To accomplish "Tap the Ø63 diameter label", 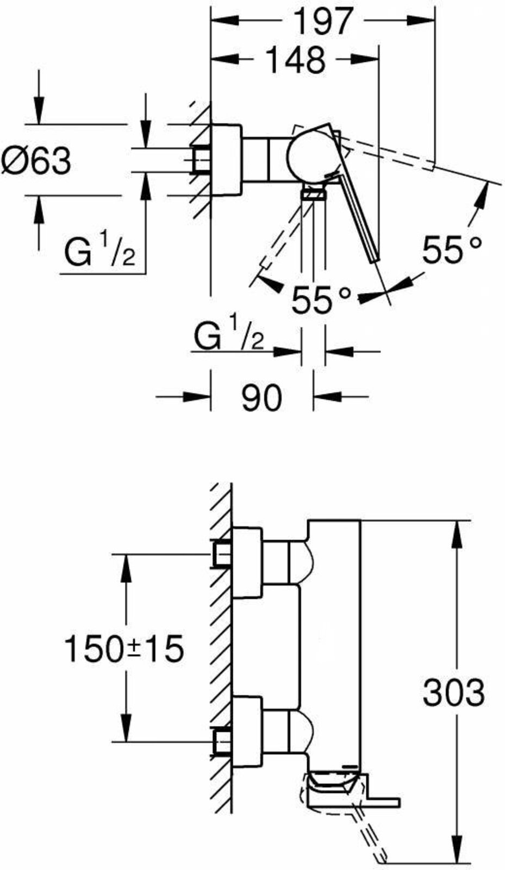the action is point(36,161).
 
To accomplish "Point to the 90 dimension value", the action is point(261,397).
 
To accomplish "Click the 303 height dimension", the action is point(454,692).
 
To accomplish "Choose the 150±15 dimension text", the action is point(123,649).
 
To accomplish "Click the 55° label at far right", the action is point(452,250).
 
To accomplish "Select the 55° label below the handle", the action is point(321,300).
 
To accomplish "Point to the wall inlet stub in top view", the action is point(201,160).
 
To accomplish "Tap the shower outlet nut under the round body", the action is point(313,193).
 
